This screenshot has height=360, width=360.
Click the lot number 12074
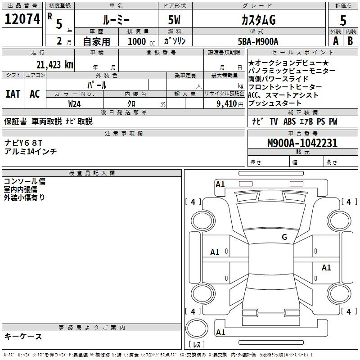coord(22,19)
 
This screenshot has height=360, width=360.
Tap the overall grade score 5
coord(343,20)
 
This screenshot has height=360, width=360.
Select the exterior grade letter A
coord(336,41)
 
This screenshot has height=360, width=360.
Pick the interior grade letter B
coord(350,41)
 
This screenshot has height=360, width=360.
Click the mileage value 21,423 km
coord(54,65)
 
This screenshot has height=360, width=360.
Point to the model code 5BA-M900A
coord(258,41)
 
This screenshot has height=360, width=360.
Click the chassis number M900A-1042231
coord(302,143)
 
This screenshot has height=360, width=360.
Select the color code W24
coord(74,104)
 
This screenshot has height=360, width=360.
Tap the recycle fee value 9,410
coord(227,104)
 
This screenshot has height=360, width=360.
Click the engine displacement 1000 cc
coord(141,41)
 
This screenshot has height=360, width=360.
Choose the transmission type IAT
coord(13,94)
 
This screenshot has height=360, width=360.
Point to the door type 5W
coord(174,20)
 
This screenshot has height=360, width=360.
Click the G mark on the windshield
coord(284,237)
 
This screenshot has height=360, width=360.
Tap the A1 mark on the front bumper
coord(220,184)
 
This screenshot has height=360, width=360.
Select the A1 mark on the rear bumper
coord(220,332)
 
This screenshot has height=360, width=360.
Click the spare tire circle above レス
coord(197,328)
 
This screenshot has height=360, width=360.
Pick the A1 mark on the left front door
coord(215,252)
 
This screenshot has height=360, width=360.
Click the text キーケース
coord(23,337)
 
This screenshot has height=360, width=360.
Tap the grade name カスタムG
coord(258,20)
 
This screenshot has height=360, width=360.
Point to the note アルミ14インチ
coord(31,152)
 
